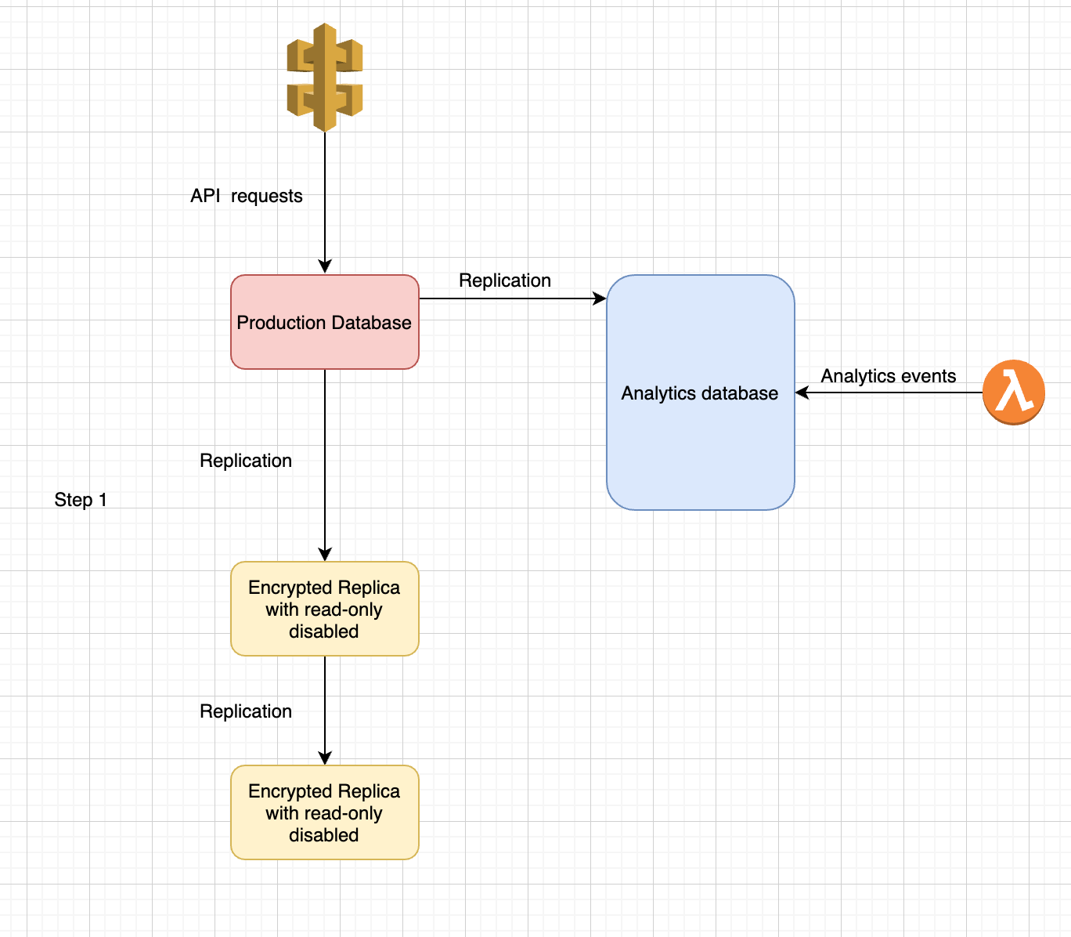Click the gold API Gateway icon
[x=325, y=78]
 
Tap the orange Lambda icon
[x=1014, y=393]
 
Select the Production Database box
[x=325, y=345]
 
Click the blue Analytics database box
[x=700, y=454]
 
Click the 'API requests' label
[x=247, y=196]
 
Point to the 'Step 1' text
[x=81, y=500]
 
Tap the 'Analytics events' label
[x=888, y=376]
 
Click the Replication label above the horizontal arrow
[x=505, y=280]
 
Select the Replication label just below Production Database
[x=246, y=461]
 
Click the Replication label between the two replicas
[x=246, y=711]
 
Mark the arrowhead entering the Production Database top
[x=325, y=267]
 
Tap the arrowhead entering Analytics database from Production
[x=600, y=298]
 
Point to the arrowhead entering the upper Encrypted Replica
[x=325, y=554]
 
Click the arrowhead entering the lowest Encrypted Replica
[x=325, y=758]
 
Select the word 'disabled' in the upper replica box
[x=323, y=631]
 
